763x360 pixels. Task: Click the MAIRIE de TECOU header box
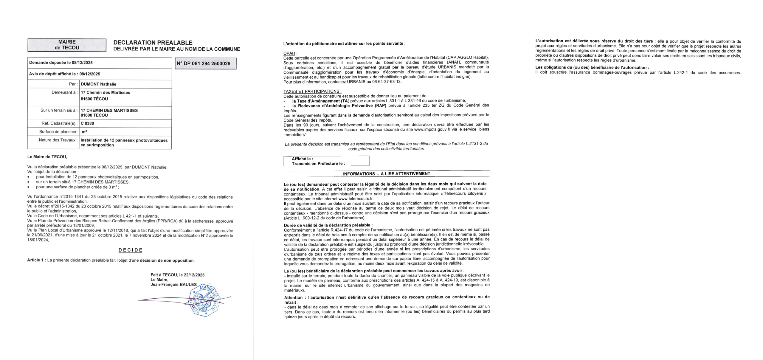click(67, 45)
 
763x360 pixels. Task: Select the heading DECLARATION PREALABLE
click(153, 43)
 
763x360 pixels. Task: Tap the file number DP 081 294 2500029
click(206, 63)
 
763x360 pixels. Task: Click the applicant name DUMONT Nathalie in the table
click(99, 84)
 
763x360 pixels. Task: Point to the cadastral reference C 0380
click(87, 123)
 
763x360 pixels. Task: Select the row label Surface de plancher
click(58, 132)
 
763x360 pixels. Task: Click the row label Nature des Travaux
click(58, 140)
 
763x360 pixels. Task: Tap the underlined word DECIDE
click(130, 250)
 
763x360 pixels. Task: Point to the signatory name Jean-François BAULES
click(173, 285)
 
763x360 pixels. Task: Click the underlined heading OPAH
click(289, 53)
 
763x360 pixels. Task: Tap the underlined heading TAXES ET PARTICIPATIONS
click(312, 91)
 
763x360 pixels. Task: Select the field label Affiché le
click(302, 159)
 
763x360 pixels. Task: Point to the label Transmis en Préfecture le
click(318, 164)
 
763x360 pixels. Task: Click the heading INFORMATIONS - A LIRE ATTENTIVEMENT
click(386, 174)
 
